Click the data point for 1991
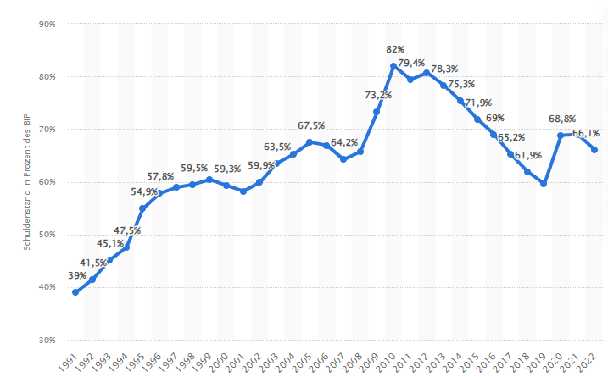(x=75, y=292)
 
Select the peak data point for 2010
(x=393, y=66)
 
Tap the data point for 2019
(x=544, y=184)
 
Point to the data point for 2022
(x=594, y=150)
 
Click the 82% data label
(x=394, y=50)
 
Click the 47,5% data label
(x=126, y=230)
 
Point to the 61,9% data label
(x=527, y=156)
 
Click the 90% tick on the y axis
(x=47, y=25)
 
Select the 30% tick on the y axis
(x=47, y=340)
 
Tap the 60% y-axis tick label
(x=47, y=182)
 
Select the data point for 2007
(x=343, y=159)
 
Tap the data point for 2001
(x=243, y=191)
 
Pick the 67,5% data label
(x=311, y=125)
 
